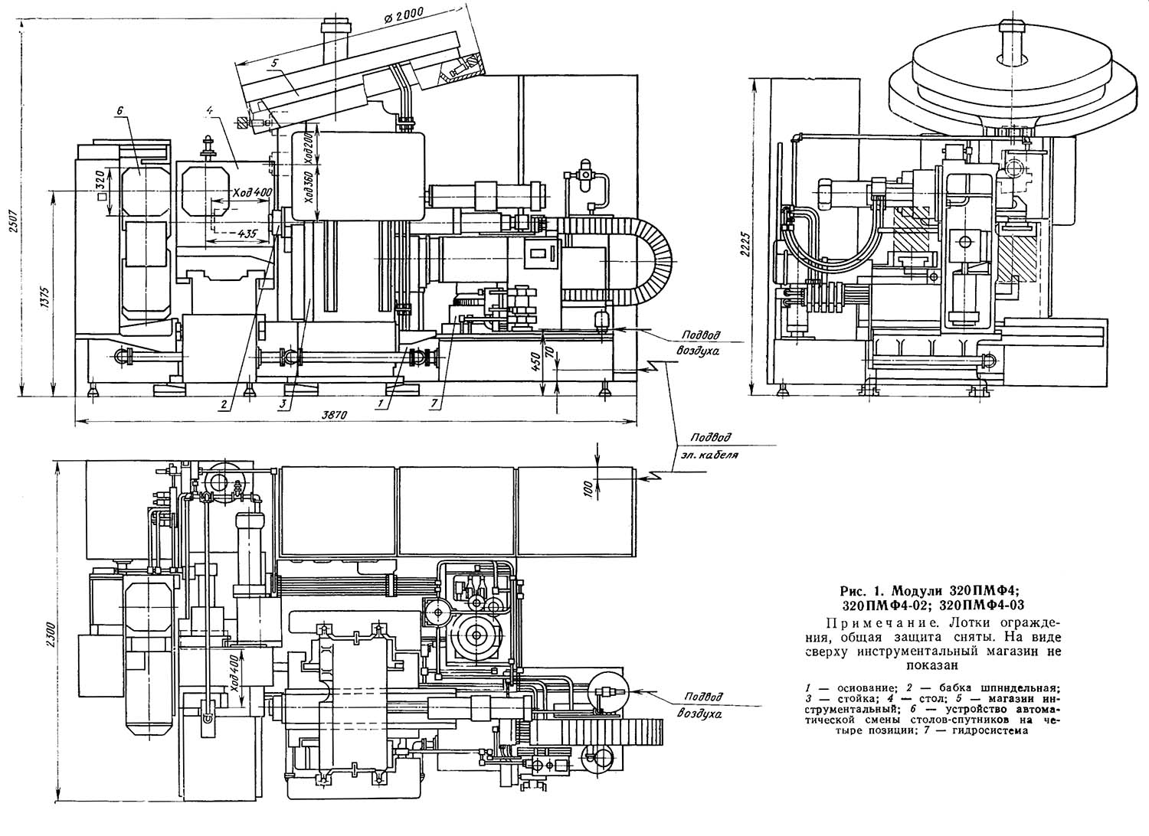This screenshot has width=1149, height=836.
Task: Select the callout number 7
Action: click(434, 404)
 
